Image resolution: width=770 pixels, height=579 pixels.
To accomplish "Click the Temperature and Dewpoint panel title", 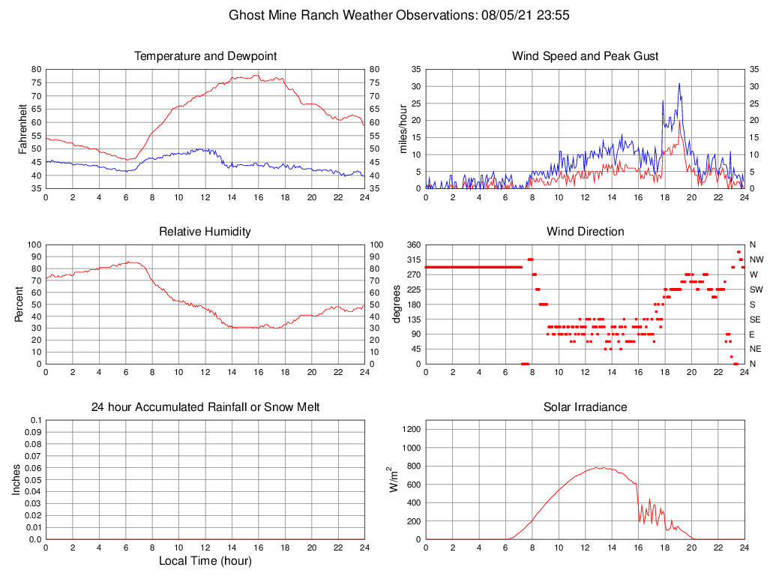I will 205,56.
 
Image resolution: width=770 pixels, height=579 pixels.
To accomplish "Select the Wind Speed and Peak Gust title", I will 585,56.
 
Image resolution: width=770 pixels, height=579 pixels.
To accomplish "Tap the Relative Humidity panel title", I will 205,232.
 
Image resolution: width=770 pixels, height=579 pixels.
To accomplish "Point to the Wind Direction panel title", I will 585,232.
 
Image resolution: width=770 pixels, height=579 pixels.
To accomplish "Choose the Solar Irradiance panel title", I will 585,407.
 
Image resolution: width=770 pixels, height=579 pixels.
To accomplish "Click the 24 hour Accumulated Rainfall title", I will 205,407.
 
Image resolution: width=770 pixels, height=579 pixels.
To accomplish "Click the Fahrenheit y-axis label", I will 24,128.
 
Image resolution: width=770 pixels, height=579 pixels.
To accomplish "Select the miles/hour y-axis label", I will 404,128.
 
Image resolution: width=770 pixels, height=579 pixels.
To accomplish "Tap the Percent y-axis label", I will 20,304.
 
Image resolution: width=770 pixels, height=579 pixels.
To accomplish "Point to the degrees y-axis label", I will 397,304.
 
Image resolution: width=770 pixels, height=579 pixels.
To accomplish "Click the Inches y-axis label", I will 17,479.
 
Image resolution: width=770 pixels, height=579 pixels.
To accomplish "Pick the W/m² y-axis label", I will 392,479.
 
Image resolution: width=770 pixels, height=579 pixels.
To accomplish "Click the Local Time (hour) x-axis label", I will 205,561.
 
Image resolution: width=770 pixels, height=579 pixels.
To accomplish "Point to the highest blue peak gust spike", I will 679,83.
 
